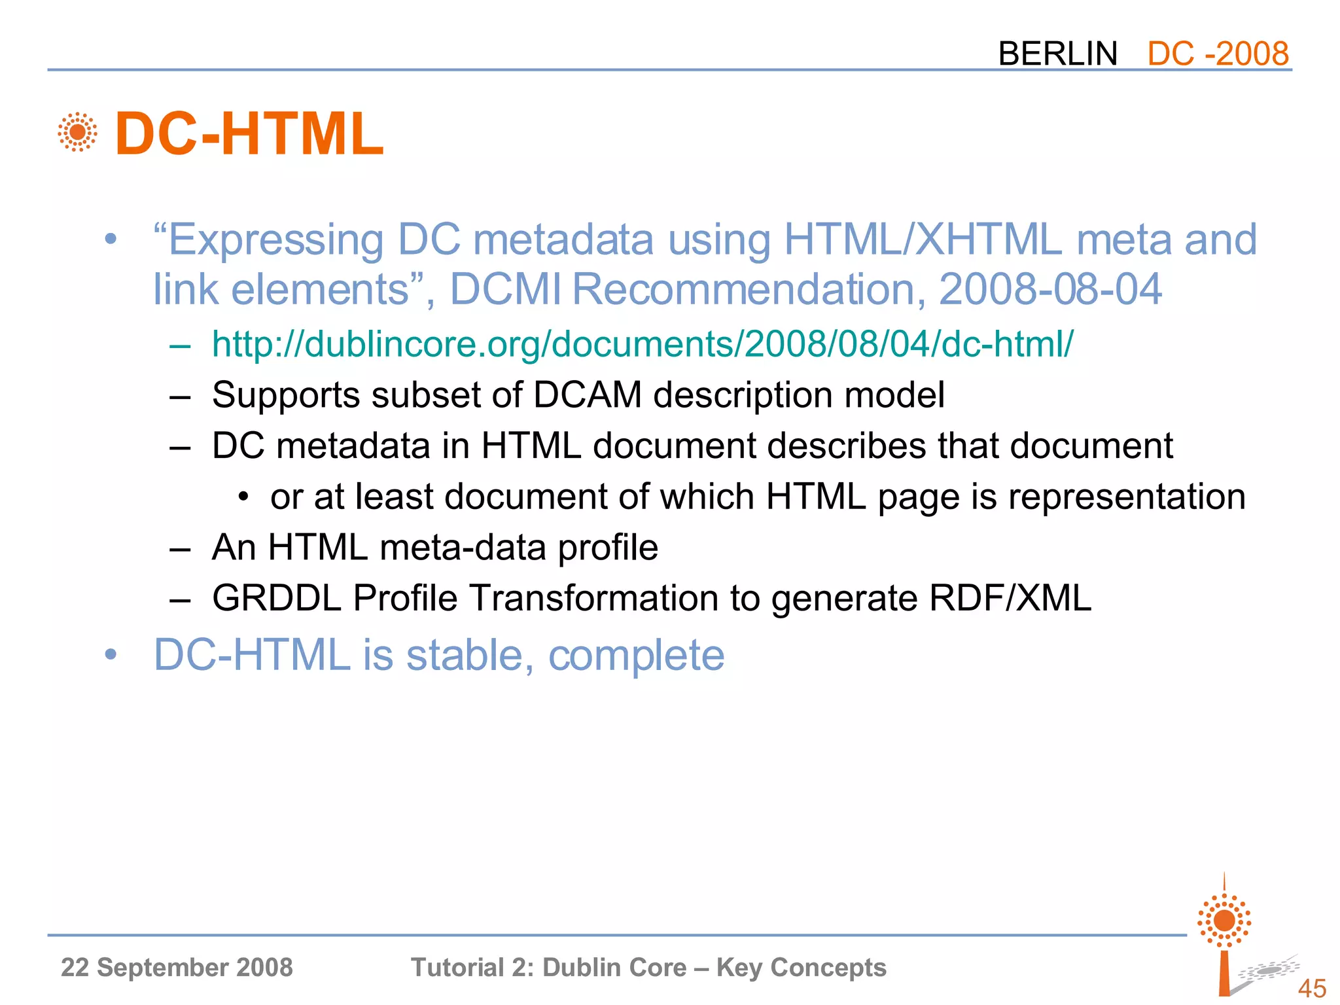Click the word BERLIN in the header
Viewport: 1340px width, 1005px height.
click(x=1057, y=53)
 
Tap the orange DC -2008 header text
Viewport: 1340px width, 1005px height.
click(x=1218, y=53)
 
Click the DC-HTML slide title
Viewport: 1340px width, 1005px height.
click(x=249, y=134)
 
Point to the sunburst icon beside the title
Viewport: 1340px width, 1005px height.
click(x=77, y=132)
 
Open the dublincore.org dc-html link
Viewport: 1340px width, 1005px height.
click(x=642, y=344)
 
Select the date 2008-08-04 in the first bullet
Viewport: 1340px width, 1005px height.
click(x=1050, y=289)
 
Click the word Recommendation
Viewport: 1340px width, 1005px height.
click(x=749, y=289)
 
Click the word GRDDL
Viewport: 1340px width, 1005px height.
click(x=276, y=597)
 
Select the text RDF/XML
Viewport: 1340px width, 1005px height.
click(x=1010, y=597)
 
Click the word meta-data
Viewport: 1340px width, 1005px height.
click(x=463, y=547)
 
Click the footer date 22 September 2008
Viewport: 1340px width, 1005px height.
click(x=177, y=967)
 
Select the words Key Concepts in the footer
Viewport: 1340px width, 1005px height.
click(x=801, y=967)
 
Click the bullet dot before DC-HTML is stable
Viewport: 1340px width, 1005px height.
click(x=111, y=654)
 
